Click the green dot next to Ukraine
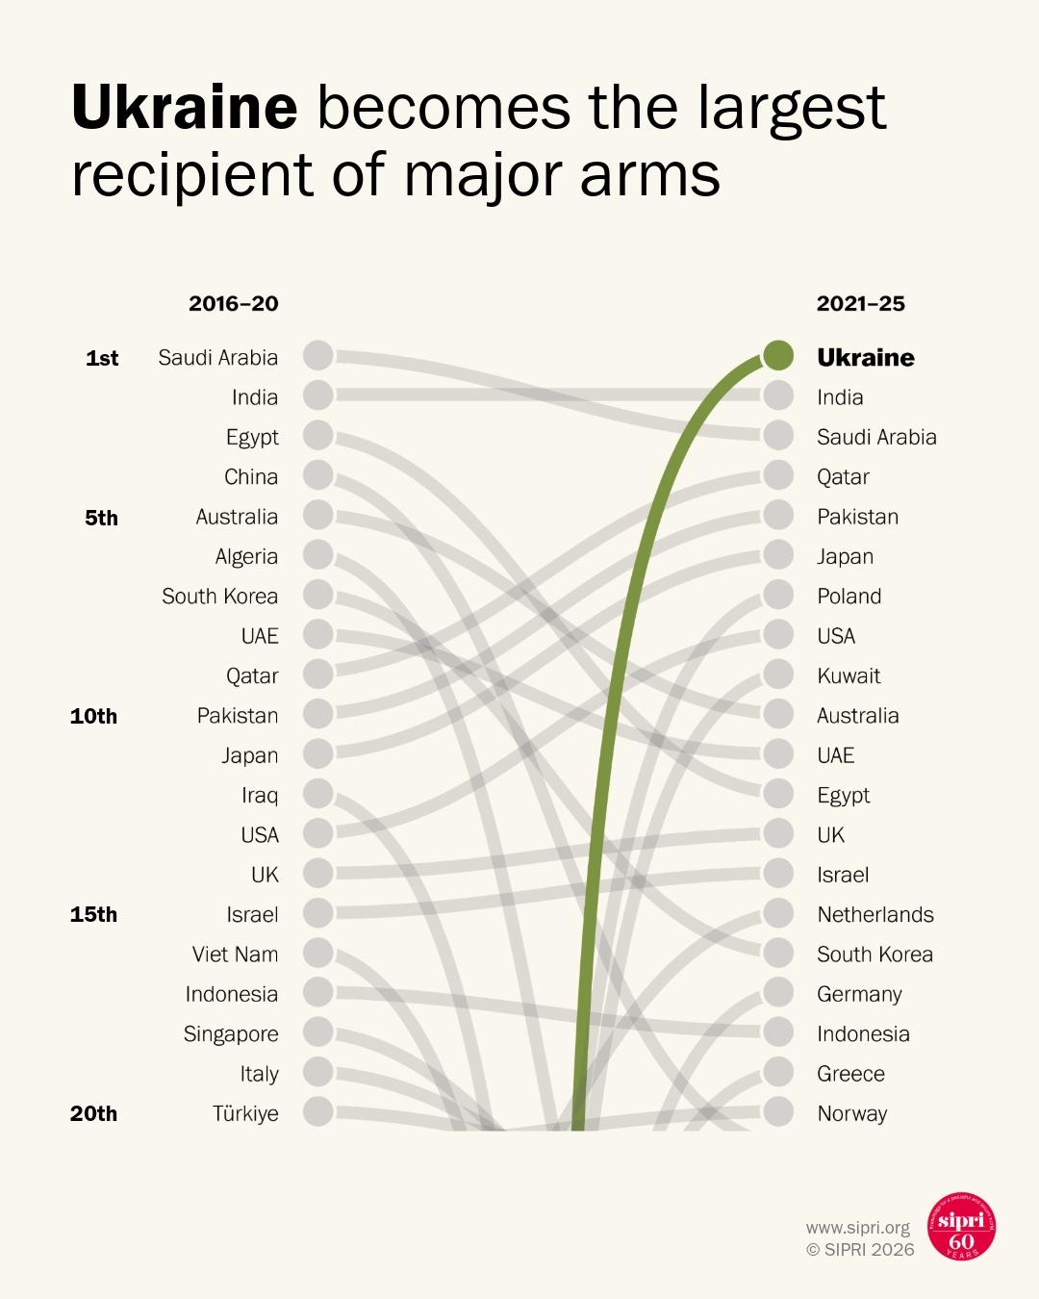click(x=778, y=355)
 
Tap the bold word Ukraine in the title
click(x=184, y=107)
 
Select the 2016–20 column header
click(x=233, y=304)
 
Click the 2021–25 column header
click(x=861, y=304)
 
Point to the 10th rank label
click(x=93, y=716)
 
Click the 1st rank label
click(x=102, y=358)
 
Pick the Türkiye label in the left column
click(x=245, y=1113)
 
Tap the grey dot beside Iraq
click(x=318, y=794)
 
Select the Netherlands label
click(x=875, y=914)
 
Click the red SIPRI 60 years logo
click(x=961, y=1227)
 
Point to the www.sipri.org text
click(x=858, y=1228)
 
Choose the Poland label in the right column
click(x=849, y=596)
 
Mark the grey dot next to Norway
click(x=778, y=1112)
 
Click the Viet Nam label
click(x=235, y=955)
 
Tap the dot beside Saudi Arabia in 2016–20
click(x=318, y=355)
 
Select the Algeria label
click(x=246, y=556)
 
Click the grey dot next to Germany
click(x=778, y=992)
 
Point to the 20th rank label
click(x=93, y=1113)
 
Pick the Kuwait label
click(x=849, y=675)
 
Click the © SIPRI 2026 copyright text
click(x=860, y=1250)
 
